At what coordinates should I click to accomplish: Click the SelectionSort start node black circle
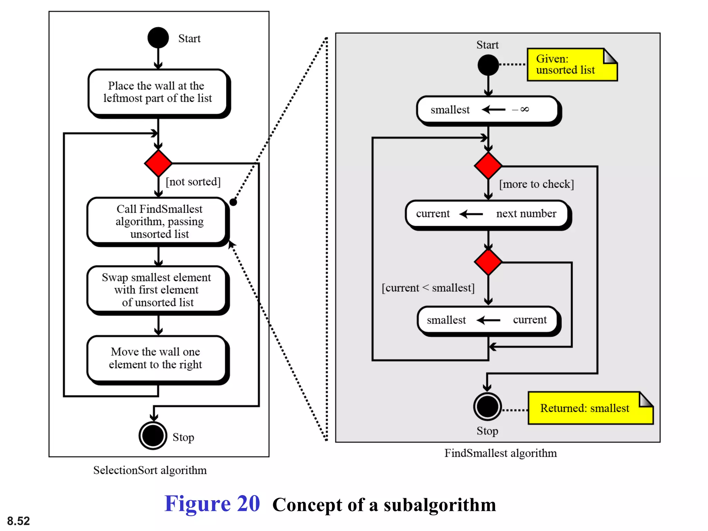tap(158, 38)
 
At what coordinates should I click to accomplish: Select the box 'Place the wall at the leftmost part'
tap(158, 92)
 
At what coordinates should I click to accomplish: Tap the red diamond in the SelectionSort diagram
tap(158, 163)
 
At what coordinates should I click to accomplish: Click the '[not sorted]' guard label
tap(193, 182)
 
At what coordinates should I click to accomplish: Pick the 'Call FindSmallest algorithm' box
tap(158, 221)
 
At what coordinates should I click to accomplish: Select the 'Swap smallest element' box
tap(157, 290)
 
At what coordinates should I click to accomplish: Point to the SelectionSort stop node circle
tap(153, 436)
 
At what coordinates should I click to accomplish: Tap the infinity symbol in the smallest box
tap(524, 109)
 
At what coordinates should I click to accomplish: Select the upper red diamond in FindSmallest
tap(488, 166)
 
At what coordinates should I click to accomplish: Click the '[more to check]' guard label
tap(536, 184)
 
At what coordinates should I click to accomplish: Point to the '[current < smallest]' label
tap(428, 288)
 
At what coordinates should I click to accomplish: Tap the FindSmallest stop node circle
tap(487, 407)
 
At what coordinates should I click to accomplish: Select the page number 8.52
tap(18, 521)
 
